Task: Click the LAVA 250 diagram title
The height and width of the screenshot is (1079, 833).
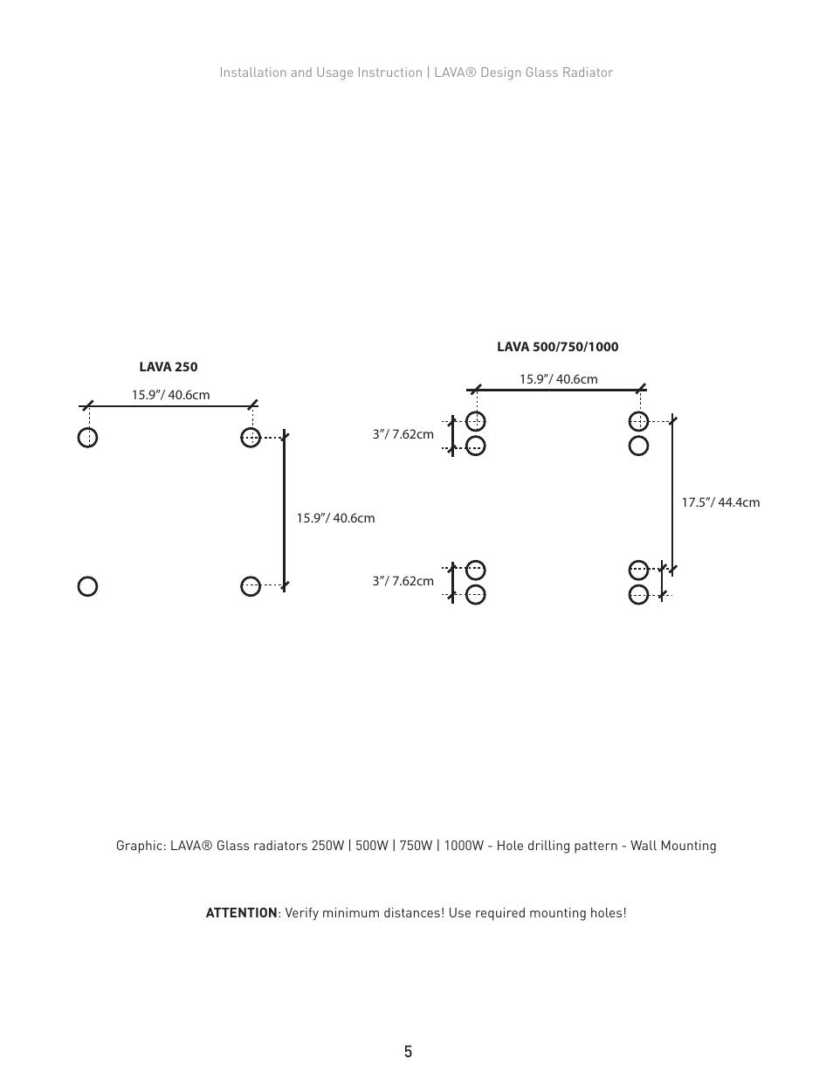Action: pos(168,367)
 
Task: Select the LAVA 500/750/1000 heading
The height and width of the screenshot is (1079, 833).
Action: pos(557,347)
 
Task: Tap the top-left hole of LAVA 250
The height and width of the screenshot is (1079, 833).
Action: pos(87,437)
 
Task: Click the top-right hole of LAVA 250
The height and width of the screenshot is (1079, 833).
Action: pos(251,437)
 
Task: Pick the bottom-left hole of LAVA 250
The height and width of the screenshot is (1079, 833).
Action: pos(87,586)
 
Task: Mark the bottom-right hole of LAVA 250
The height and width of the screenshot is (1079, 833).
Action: pos(251,586)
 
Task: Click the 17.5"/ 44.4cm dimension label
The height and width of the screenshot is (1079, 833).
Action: pos(720,502)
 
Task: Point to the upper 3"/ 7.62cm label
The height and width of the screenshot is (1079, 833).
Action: pos(403,434)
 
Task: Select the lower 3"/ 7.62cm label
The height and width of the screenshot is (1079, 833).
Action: pos(403,581)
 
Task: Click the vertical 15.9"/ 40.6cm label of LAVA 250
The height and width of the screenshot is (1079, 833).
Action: pos(335,518)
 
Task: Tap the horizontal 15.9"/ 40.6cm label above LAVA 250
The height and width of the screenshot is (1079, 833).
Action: pos(170,395)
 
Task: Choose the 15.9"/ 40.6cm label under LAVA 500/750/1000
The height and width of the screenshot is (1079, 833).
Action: pos(558,379)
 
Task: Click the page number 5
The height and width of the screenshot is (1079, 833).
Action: pos(408,1052)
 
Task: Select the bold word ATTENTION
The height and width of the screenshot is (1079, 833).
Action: pos(241,913)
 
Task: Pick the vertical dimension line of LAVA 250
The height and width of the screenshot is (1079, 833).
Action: pos(284,511)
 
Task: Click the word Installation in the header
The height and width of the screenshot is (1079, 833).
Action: pos(252,73)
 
